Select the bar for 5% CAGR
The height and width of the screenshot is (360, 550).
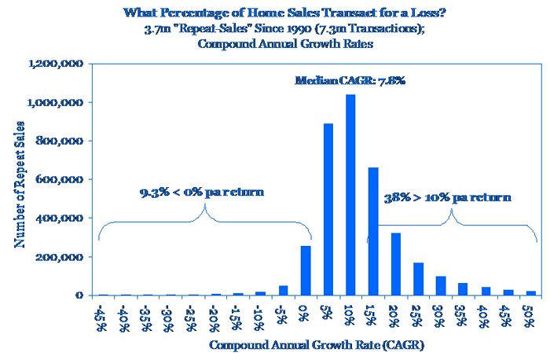(x=328, y=209)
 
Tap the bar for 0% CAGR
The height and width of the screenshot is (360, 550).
(x=306, y=270)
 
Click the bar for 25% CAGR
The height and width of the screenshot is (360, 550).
(x=419, y=279)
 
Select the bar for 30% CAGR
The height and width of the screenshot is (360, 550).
(x=441, y=285)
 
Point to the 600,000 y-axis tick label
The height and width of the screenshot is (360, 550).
(x=62, y=179)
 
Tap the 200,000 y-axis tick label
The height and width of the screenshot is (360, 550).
(x=62, y=257)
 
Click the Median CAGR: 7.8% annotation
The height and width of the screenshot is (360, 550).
(x=350, y=81)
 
